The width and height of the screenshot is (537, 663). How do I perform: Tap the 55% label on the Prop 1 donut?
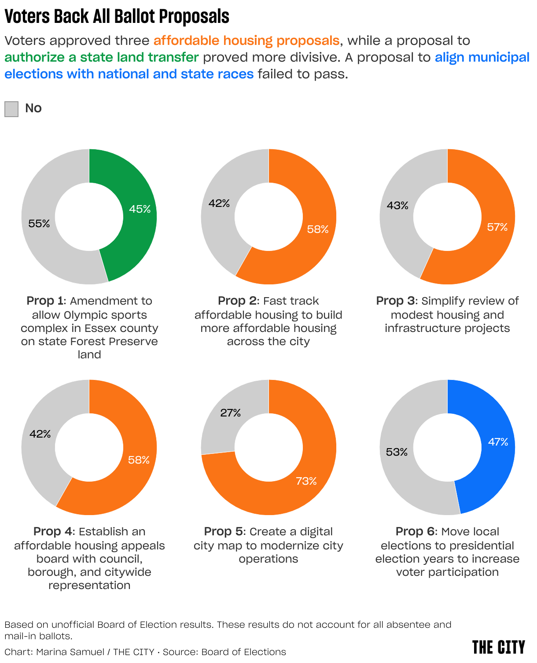pyautogui.click(x=39, y=224)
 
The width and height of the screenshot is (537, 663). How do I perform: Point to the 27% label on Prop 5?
pyautogui.click(x=231, y=413)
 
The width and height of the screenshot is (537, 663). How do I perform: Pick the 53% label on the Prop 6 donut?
pyautogui.click(x=397, y=452)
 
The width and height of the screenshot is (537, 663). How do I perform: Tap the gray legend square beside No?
pyautogui.click(x=11, y=109)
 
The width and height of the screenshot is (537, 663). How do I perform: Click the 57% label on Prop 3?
pyautogui.click(x=497, y=227)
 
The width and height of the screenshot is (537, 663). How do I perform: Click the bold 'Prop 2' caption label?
pyautogui.click(x=238, y=301)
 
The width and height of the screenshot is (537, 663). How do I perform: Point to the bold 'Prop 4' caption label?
pyautogui.click(x=53, y=531)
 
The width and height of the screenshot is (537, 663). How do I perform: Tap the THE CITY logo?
pyautogui.click(x=499, y=647)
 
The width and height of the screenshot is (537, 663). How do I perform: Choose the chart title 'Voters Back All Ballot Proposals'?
pyautogui.click(x=117, y=17)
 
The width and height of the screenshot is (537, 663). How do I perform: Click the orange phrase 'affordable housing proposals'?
pyautogui.click(x=246, y=41)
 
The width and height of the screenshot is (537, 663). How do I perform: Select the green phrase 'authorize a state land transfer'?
pyautogui.click(x=102, y=57)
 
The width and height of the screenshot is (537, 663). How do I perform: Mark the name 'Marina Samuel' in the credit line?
pyautogui.click(x=70, y=652)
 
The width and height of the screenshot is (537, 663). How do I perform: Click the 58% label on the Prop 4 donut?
pyautogui.click(x=139, y=460)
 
